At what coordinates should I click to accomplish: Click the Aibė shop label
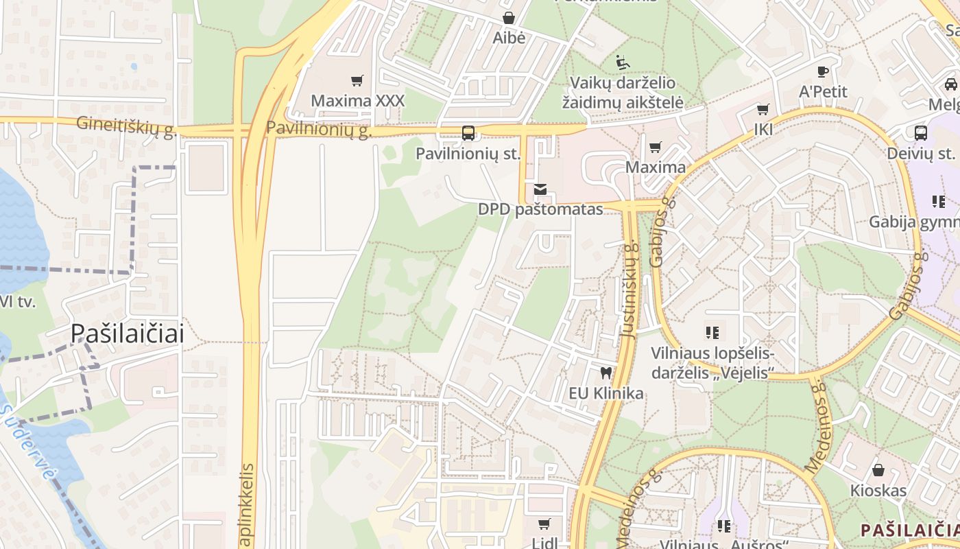(509, 38)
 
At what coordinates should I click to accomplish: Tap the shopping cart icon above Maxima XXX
(357, 81)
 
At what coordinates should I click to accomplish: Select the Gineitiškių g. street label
(127, 126)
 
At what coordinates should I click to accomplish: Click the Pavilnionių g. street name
(319, 128)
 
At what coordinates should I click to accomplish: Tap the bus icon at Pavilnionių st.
(468, 133)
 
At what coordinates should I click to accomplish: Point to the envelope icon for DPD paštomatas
(540, 189)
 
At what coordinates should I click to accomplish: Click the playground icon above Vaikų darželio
(623, 62)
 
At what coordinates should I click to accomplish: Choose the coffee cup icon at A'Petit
(823, 71)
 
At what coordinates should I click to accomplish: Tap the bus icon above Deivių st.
(920, 132)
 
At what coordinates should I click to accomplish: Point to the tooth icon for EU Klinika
(605, 373)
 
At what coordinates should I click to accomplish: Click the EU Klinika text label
(606, 393)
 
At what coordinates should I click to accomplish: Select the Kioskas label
(878, 491)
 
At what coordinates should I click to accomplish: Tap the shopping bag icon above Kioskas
(878, 471)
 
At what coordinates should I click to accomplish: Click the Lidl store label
(544, 542)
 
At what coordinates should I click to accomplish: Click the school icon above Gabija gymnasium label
(938, 202)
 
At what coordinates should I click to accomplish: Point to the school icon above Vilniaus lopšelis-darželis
(712, 333)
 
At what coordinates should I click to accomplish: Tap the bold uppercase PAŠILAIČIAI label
(909, 530)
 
